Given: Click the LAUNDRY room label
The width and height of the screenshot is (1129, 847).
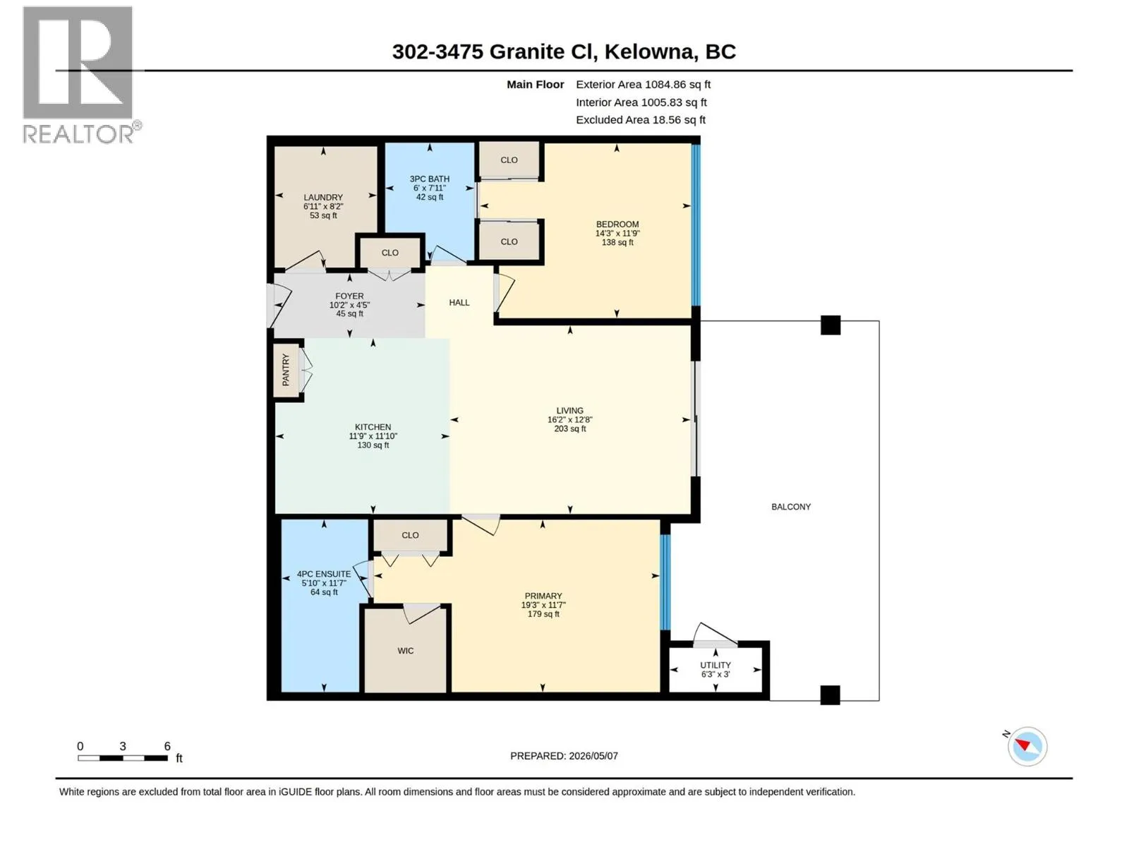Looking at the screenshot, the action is pos(322,197).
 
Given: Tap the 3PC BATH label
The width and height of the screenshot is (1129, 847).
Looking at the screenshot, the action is pos(429,179).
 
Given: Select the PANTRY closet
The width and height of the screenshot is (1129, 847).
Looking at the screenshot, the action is pos(286,369).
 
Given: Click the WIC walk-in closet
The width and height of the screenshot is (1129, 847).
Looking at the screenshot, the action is pos(405,650).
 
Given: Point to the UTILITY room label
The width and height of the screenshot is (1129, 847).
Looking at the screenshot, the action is pos(715,664).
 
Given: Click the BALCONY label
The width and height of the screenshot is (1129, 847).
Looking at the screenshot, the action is pos(790,507).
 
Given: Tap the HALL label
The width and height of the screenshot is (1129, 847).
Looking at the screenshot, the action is pos(459,302).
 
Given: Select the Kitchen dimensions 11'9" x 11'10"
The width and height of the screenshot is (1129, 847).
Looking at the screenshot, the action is pos(373,435).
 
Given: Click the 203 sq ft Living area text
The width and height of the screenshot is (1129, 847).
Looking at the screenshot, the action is pos(569,428).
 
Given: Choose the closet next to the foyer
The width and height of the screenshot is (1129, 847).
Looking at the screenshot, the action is pos(390,253).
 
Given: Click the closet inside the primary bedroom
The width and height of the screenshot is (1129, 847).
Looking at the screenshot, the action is pos(410,535).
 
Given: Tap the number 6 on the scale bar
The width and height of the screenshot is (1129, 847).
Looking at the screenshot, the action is pos(167,745).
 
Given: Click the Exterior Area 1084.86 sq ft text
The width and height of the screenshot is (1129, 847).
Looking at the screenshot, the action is pos(643,84).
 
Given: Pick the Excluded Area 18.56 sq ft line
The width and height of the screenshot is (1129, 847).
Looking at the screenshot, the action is pos(641,120).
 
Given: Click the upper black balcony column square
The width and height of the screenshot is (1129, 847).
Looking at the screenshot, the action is pos(830,325).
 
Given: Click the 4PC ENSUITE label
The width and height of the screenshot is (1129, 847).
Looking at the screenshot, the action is pos(323,574).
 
